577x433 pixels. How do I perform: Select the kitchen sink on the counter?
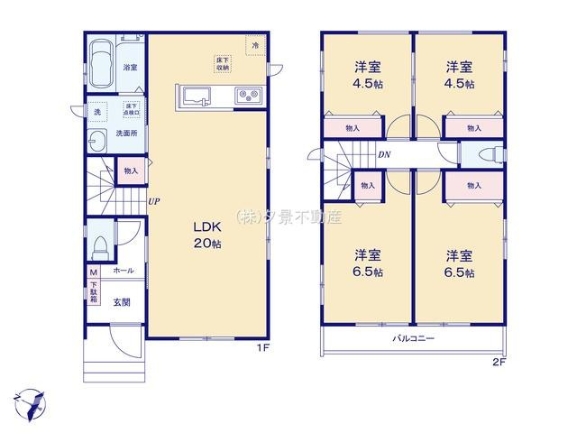coord(195,96)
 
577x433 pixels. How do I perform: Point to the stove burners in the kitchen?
coord(247,96)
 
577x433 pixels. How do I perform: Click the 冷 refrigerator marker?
coord(255,43)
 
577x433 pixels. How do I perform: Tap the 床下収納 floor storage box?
coord(223,63)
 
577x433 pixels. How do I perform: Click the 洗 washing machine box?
coord(98,111)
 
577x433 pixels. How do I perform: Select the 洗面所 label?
coord(126,134)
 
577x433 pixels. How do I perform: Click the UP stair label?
coord(154,202)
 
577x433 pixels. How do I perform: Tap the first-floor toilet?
coord(101,245)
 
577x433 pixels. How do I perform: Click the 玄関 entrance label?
coord(122,302)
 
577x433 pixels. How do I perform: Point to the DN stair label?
coord(383,154)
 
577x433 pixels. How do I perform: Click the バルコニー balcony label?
coord(413,339)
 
